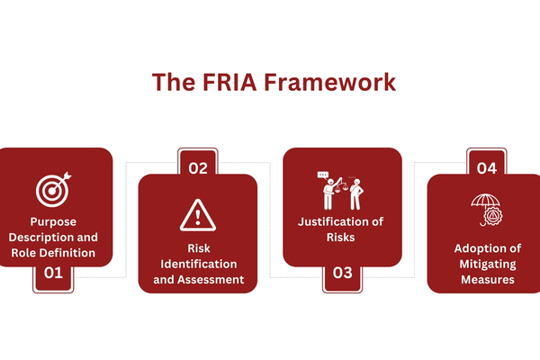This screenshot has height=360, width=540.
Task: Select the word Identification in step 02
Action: (x=198, y=264)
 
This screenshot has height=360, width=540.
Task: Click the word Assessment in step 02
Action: (x=214, y=279)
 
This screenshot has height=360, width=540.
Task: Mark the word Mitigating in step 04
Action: (x=486, y=264)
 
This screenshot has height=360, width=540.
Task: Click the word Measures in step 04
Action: (x=486, y=279)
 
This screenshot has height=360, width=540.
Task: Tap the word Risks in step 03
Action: (x=342, y=238)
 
